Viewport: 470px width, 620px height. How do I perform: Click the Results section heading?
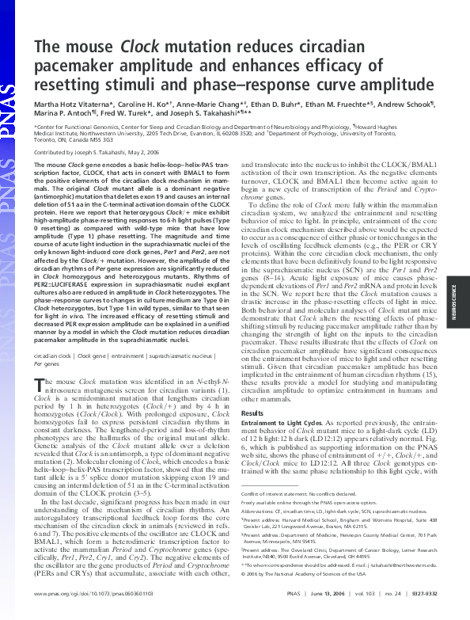(251, 413)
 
